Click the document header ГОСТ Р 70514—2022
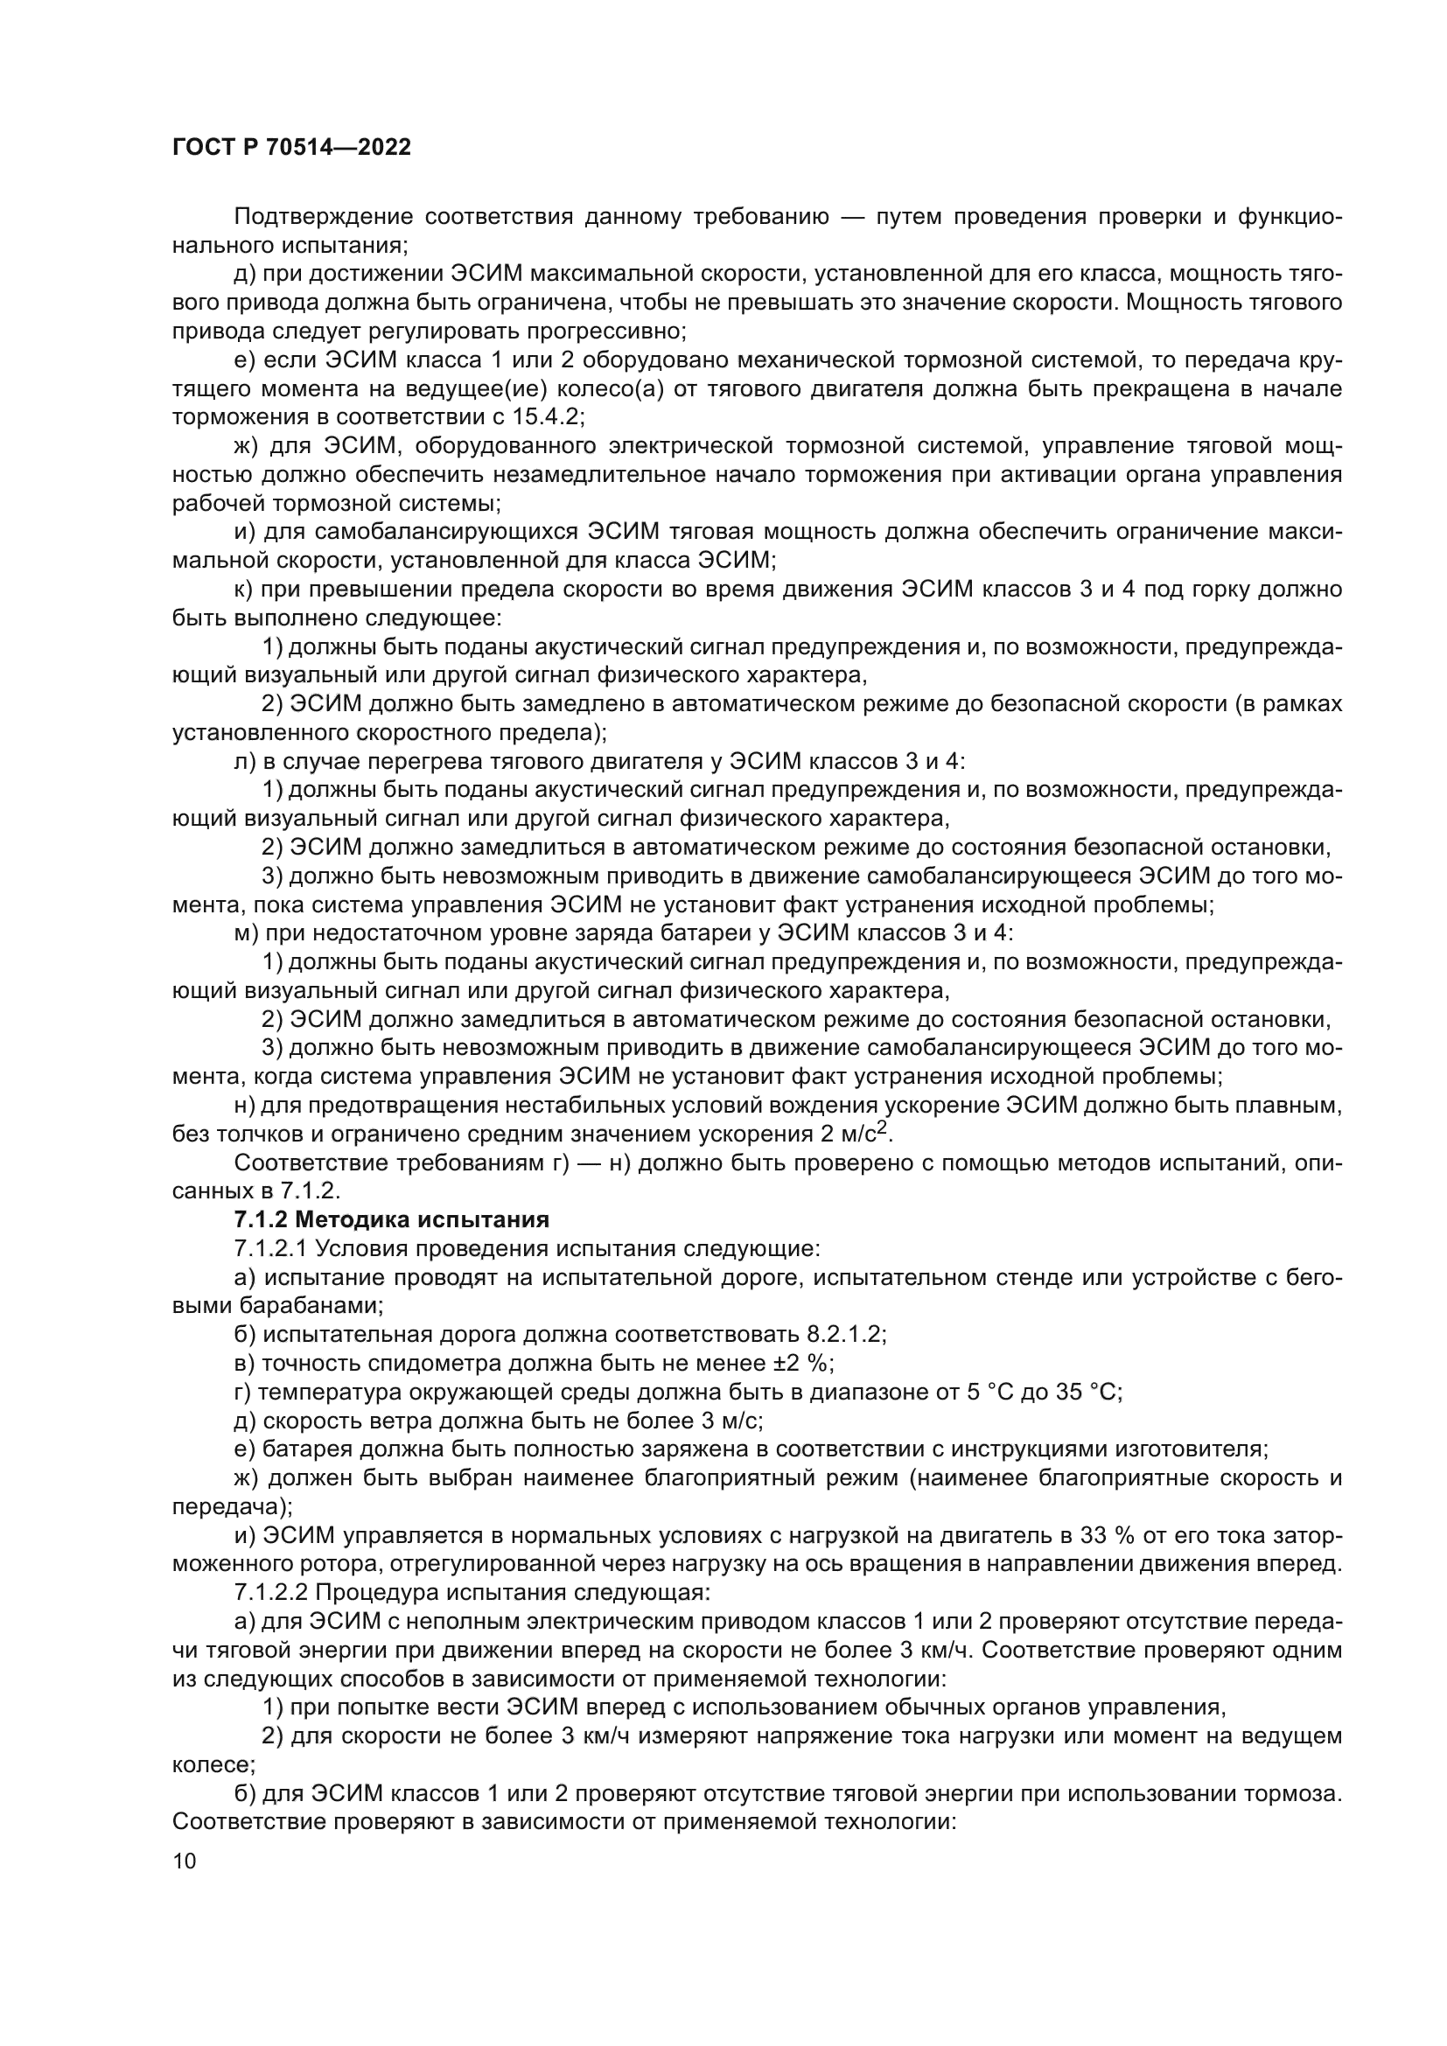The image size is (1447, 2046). pos(291,148)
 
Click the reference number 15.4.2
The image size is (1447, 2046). pos(546,417)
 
